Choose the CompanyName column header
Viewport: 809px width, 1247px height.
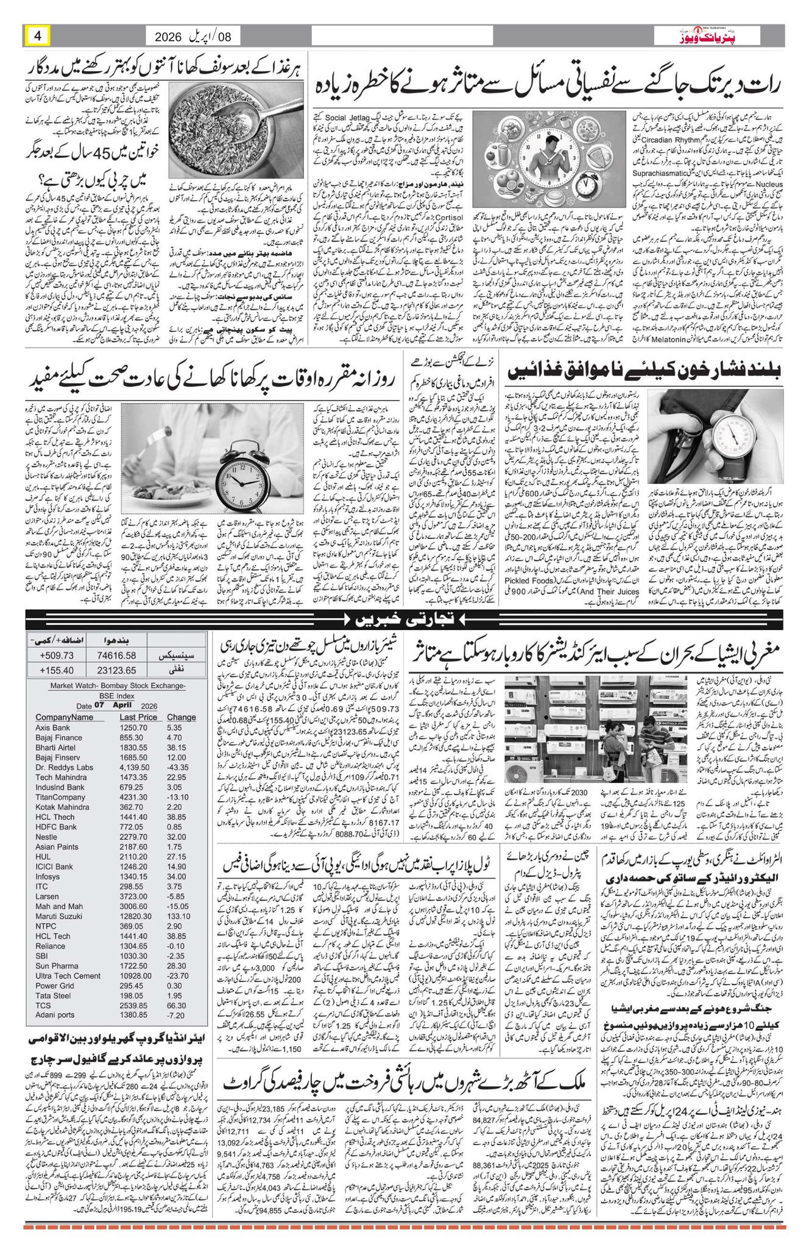[65, 717]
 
